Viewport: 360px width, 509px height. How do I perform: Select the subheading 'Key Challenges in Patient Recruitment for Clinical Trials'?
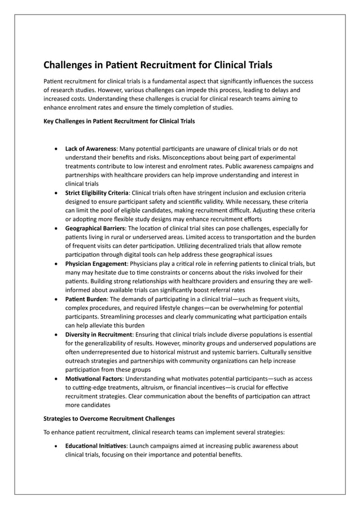pos(120,121)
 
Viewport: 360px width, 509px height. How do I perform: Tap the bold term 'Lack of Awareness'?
pos(90,148)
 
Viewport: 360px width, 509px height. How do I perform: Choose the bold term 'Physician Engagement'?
pos(95,263)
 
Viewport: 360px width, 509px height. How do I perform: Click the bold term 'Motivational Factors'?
pos(94,378)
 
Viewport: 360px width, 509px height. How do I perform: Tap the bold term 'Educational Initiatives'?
pos(96,446)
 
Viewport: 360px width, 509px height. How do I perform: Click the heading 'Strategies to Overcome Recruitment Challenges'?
pos(109,419)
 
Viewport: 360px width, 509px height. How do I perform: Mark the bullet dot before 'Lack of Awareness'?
pos(55,149)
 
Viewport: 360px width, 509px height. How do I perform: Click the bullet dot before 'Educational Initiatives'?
pos(55,446)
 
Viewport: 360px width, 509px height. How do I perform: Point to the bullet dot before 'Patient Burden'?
pos(55,299)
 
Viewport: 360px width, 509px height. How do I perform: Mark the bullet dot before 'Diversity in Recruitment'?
pos(55,335)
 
